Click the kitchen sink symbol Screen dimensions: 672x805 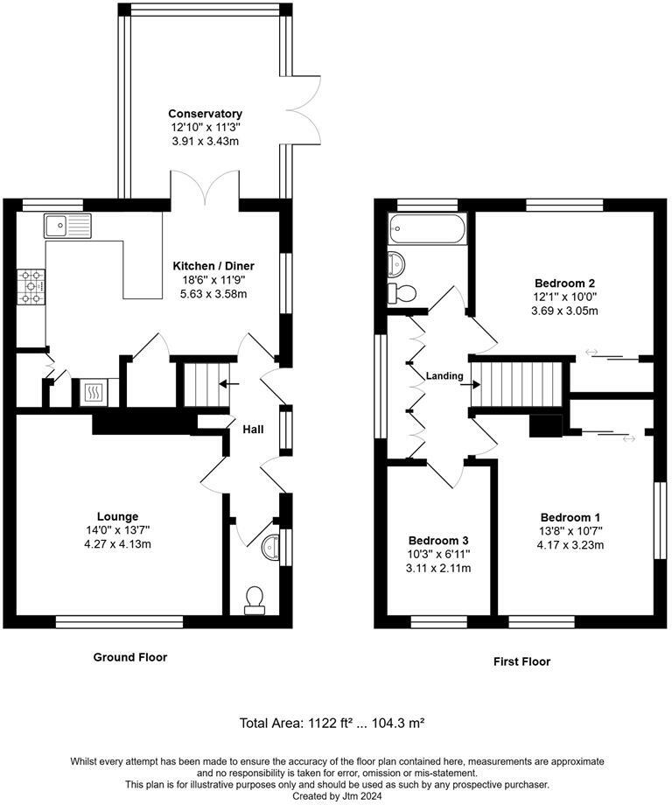pyautogui.click(x=67, y=226)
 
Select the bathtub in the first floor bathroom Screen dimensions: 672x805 pyautogui.click(x=428, y=228)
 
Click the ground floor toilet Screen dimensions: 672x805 pyautogui.click(x=255, y=600)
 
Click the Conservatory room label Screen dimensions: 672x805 pyautogui.click(x=205, y=114)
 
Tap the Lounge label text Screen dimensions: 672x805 pyautogui.click(x=117, y=516)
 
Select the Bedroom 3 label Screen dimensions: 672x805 pyautogui.click(x=438, y=540)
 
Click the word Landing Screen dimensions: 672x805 pyautogui.click(x=444, y=375)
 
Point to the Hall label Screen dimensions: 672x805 pyautogui.click(x=253, y=429)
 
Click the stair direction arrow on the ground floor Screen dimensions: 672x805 pyautogui.click(x=229, y=383)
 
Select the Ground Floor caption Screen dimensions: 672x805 pyautogui.click(x=130, y=656)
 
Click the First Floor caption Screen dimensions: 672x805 pyautogui.click(x=521, y=661)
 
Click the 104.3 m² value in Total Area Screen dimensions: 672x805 pyautogui.click(x=398, y=723)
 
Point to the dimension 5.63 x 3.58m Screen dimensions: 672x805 pyautogui.click(x=213, y=294)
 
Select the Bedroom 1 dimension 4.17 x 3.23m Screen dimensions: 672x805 pyautogui.click(x=570, y=545)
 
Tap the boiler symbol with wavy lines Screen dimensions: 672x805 pyautogui.click(x=93, y=393)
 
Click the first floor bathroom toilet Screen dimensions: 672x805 pyautogui.click(x=402, y=293)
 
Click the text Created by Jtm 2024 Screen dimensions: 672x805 pyautogui.click(x=337, y=795)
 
